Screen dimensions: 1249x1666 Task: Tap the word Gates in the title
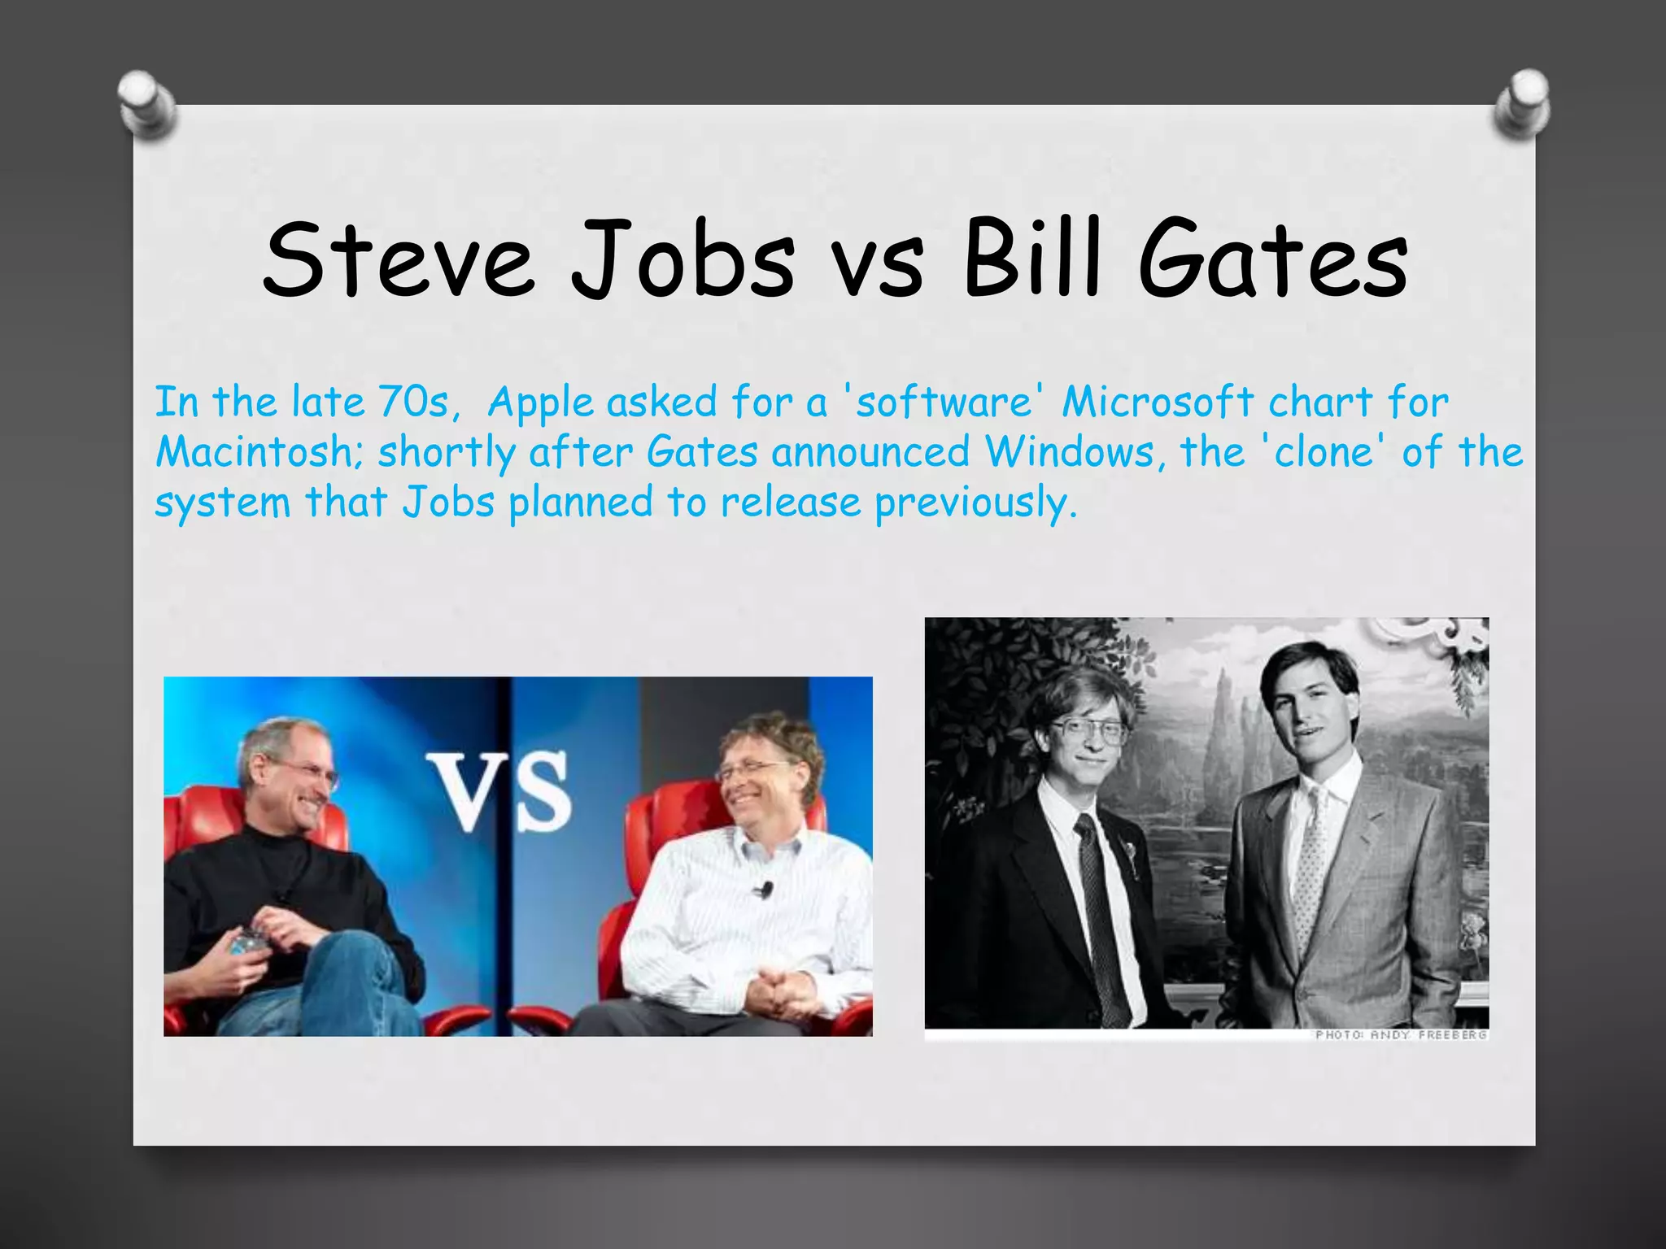tap(1273, 259)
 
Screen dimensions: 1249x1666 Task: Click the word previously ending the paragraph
tap(975, 503)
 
